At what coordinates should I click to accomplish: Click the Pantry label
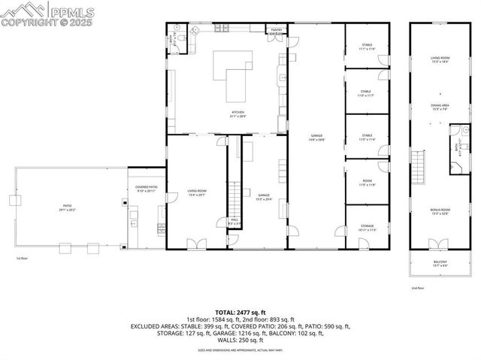tap(277, 30)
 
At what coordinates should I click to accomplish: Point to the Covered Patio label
tap(146, 188)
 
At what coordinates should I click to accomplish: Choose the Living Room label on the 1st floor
tap(197, 192)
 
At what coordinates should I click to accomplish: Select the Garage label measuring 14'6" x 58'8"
tap(316, 138)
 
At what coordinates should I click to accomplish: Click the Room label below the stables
tap(367, 183)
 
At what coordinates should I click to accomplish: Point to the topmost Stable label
tap(367, 47)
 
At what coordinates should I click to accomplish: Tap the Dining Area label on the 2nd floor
tap(440, 107)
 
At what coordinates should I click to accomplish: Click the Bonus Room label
tap(440, 211)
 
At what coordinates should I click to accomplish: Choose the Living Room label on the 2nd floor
tap(440, 59)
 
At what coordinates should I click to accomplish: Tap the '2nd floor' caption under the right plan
tap(418, 288)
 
